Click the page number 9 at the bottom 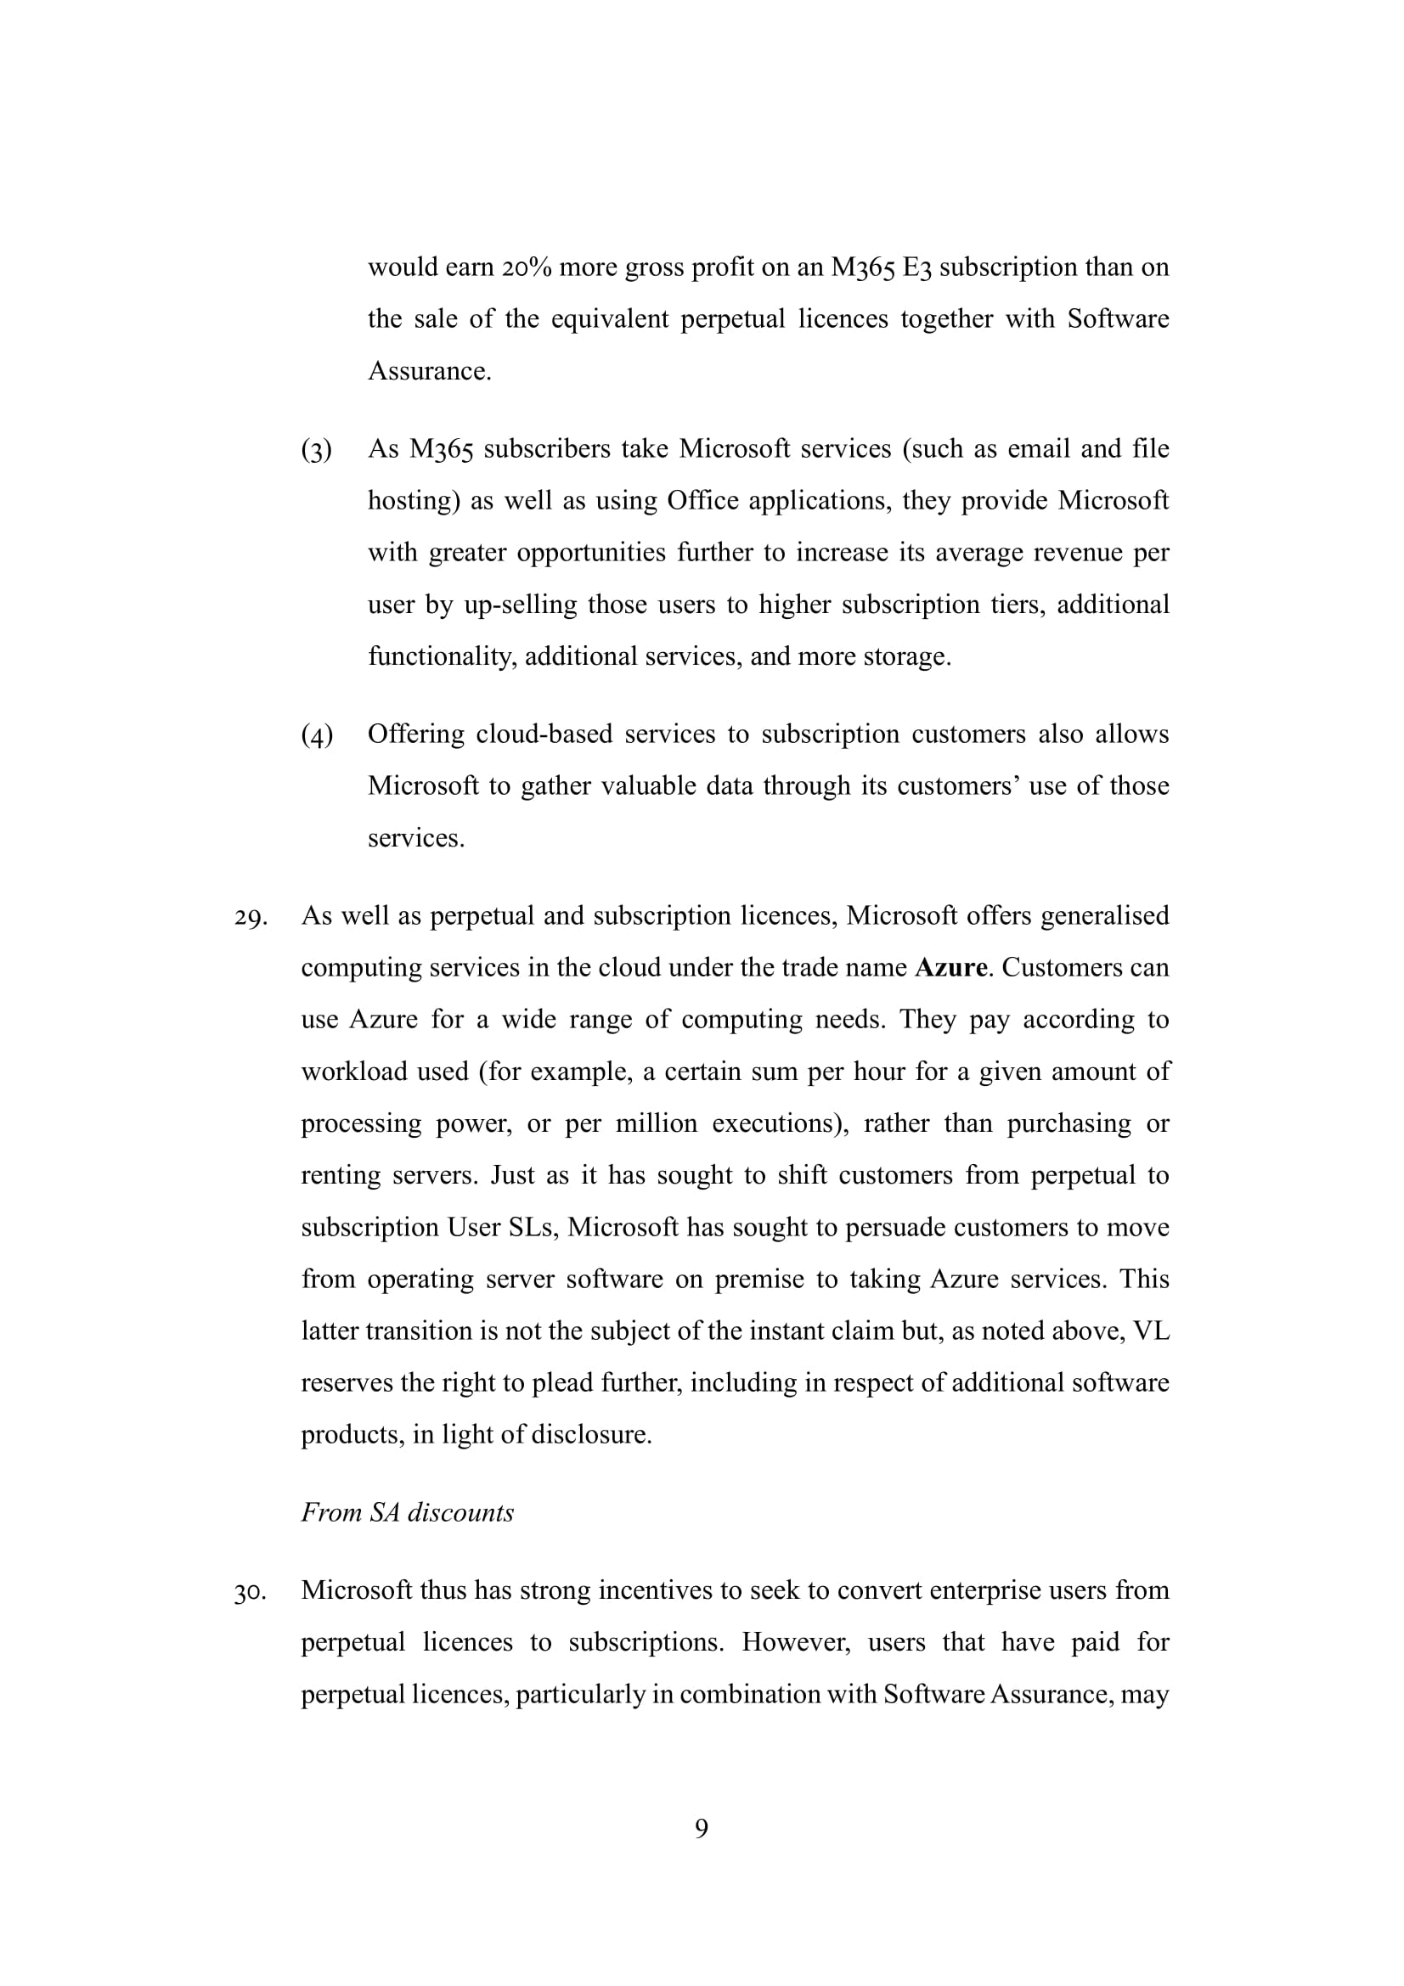point(702,1828)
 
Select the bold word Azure point(950,967)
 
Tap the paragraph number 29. point(250,917)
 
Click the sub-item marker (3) point(317,450)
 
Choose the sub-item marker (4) point(317,735)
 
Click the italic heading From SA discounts point(408,1512)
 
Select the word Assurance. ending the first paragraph point(429,371)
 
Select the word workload point(356,1072)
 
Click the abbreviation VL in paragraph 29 point(1152,1331)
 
